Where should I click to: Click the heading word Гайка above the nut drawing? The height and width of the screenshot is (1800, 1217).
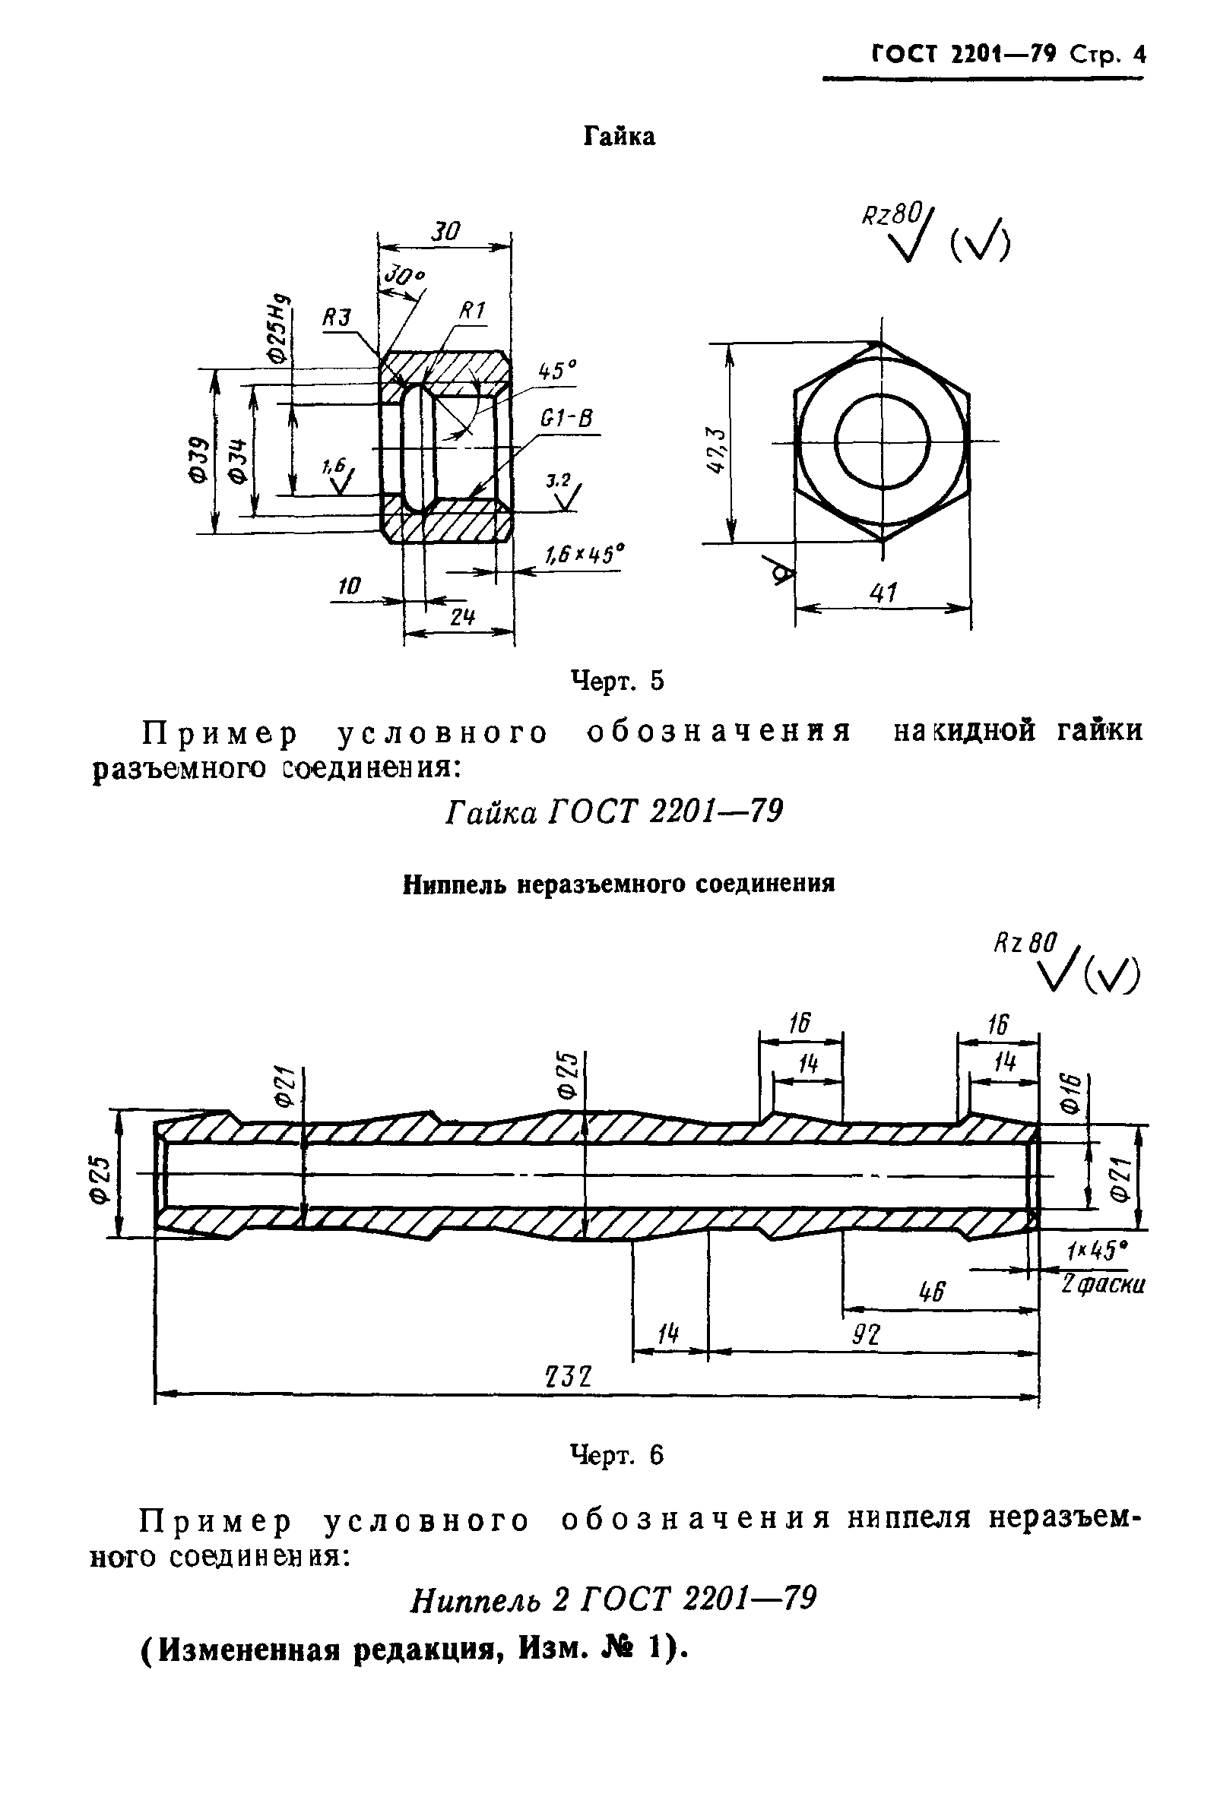pyautogui.click(x=618, y=137)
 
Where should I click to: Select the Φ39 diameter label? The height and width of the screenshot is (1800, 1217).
pyautogui.click(x=199, y=461)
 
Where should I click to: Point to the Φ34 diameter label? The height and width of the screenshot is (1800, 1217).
pyautogui.click(x=239, y=461)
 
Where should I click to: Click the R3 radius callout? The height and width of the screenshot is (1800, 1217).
pyautogui.click(x=337, y=318)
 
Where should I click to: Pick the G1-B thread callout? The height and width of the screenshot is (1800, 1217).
pyautogui.click(x=566, y=419)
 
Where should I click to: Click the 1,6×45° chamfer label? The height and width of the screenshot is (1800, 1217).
pyautogui.click(x=584, y=555)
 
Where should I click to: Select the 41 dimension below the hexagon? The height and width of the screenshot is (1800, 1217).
pyautogui.click(x=883, y=593)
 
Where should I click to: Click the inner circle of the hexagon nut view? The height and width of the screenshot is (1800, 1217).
pyautogui.click(x=883, y=441)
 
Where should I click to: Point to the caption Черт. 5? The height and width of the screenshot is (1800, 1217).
pyautogui.click(x=617, y=681)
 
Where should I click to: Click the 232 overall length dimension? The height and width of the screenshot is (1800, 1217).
pyautogui.click(x=569, y=1376)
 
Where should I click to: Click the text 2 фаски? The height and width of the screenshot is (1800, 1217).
pyautogui.click(x=1102, y=1284)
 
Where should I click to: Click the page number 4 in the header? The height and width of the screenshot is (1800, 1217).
pyautogui.click(x=1138, y=55)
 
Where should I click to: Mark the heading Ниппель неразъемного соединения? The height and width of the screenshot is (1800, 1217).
pyautogui.click(x=618, y=884)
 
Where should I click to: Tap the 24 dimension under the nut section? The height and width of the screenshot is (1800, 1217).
pyautogui.click(x=461, y=617)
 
